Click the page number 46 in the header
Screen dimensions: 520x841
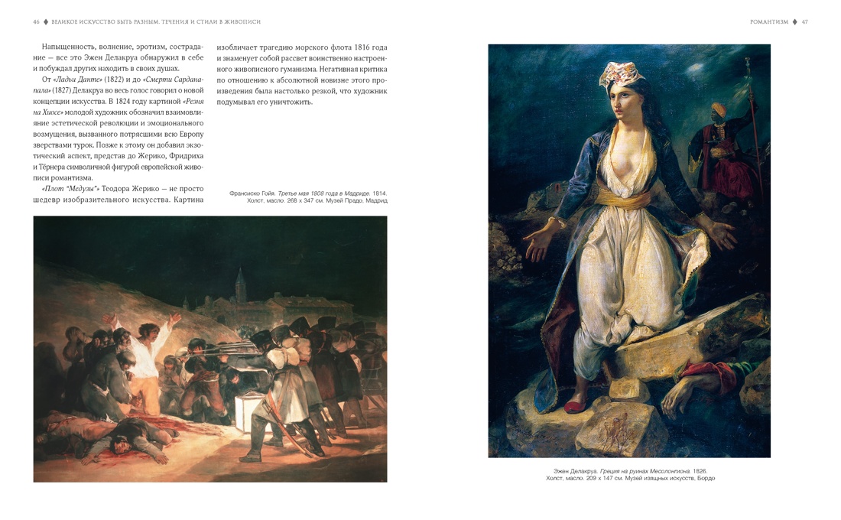point(36,22)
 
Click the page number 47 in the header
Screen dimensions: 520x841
point(804,22)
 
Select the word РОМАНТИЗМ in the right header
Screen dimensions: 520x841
point(768,22)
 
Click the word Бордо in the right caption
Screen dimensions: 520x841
point(706,479)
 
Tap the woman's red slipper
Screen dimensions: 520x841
point(576,405)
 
